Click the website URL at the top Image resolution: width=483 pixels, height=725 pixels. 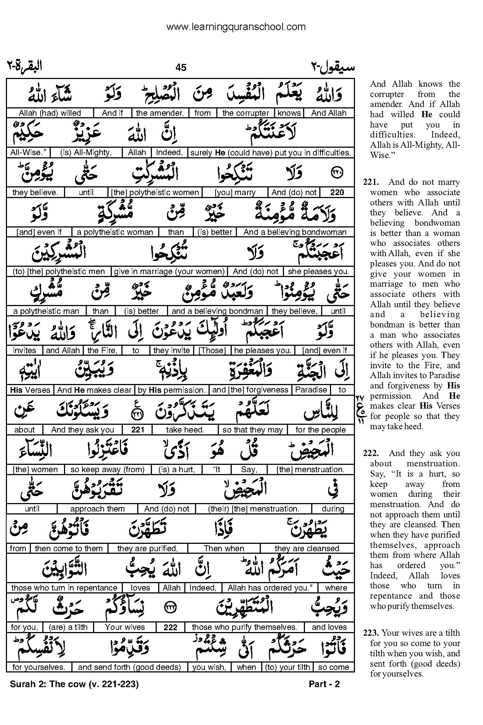236,27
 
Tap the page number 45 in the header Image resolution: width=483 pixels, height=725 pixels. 181,67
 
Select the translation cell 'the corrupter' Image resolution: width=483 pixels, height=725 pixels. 246,113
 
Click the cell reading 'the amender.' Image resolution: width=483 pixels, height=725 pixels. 160,113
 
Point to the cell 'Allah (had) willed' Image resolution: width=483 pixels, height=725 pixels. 50,113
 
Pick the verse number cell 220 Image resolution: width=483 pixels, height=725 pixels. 337,192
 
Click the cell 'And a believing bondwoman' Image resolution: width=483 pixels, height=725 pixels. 295,232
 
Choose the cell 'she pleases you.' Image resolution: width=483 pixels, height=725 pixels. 318,272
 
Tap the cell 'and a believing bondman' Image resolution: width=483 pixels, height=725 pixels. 217,311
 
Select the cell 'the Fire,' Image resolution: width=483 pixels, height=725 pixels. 102,351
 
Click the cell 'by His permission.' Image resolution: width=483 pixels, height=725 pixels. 171,390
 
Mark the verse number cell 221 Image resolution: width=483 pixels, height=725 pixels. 138,430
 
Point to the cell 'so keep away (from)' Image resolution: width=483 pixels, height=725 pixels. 107,469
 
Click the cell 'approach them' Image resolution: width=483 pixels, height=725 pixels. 97,509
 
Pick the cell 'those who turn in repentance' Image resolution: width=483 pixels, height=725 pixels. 64,588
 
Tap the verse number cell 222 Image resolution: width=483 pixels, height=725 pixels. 170,627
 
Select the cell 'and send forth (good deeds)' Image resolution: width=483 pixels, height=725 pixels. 129,667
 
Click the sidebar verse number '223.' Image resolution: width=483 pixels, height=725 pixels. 371,633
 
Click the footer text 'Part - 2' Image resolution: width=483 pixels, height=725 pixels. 324,684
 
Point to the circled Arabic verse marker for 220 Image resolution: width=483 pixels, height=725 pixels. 337,171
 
